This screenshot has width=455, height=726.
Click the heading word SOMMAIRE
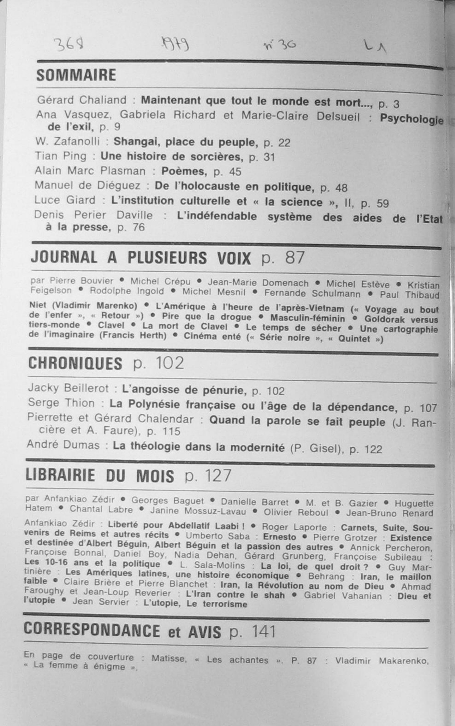click(x=76, y=75)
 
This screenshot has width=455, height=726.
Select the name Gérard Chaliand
click(x=82, y=100)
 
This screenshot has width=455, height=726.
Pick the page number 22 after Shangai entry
click(x=284, y=143)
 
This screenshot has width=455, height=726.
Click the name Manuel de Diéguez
click(x=87, y=185)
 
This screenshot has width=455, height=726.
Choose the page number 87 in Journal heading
click(x=295, y=258)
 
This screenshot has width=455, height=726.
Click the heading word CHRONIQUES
click(x=75, y=363)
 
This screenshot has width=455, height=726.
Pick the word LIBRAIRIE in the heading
click(x=60, y=476)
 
